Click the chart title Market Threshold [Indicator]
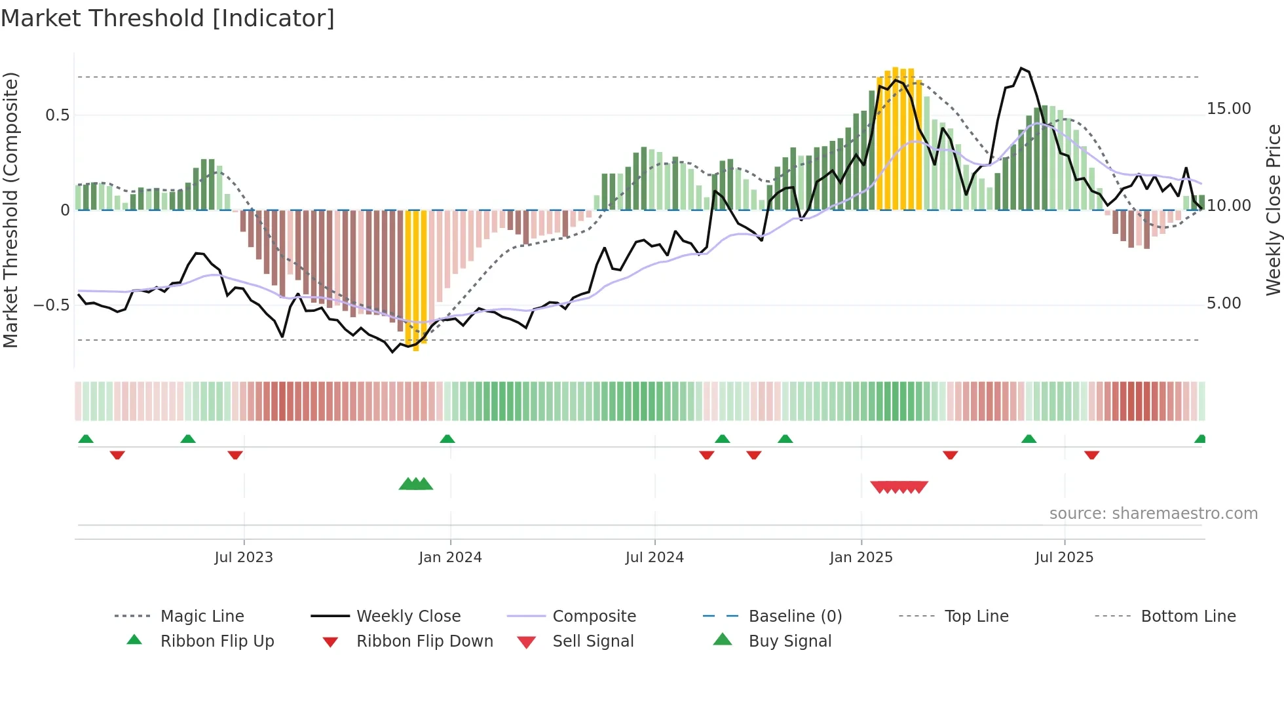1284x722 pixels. [x=168, y=18]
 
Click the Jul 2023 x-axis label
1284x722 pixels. [x=244, y=558]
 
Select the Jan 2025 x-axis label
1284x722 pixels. [x=861, y=558]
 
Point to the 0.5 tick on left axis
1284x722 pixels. [x=58, y=115]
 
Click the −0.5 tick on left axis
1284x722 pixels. [x=52, y=305]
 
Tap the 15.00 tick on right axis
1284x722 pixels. [x=1228, y=109]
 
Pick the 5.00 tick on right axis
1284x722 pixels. [x=1224, y=303]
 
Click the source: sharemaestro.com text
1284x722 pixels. [x=1153, y=514]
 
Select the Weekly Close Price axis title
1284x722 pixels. [x=1273, y=210]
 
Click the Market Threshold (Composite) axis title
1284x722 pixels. [x=10, y=210]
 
